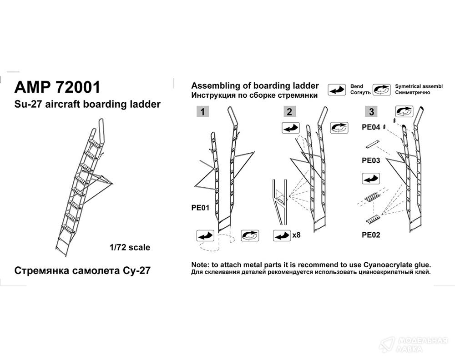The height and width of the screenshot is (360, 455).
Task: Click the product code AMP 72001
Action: coord(57,87)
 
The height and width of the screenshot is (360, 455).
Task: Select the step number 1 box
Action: coord(202,112)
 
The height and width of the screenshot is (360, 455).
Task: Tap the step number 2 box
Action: coord(289,112)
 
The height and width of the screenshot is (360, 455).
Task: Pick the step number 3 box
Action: coord(371,112)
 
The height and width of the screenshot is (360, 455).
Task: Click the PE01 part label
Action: coord(200,208)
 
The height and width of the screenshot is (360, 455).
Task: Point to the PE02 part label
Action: coord(371,235)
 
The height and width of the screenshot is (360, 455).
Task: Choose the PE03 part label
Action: coord(371,160)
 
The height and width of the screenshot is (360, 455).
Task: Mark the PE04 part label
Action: coord(371,127)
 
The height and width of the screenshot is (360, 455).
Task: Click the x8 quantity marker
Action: coord(296,235)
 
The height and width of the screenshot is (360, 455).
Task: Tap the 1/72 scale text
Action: coord(130,247)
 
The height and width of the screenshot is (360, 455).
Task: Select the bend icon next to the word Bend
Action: coord(337,90)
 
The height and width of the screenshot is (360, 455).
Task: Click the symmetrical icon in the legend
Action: coord(382,90)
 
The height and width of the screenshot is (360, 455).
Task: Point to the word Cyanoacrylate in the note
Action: coord(387,265)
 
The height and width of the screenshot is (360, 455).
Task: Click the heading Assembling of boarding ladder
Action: coord(255,86)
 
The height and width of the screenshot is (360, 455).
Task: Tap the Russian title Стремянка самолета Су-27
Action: coord(82,271)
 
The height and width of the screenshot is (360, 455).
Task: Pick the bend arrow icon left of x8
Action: coord(282,235)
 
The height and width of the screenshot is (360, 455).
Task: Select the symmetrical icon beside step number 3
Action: coord(404,112)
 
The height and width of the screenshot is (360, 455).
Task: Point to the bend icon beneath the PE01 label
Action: coord(205,235)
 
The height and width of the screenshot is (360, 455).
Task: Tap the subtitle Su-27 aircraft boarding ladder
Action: coord(87,105)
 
